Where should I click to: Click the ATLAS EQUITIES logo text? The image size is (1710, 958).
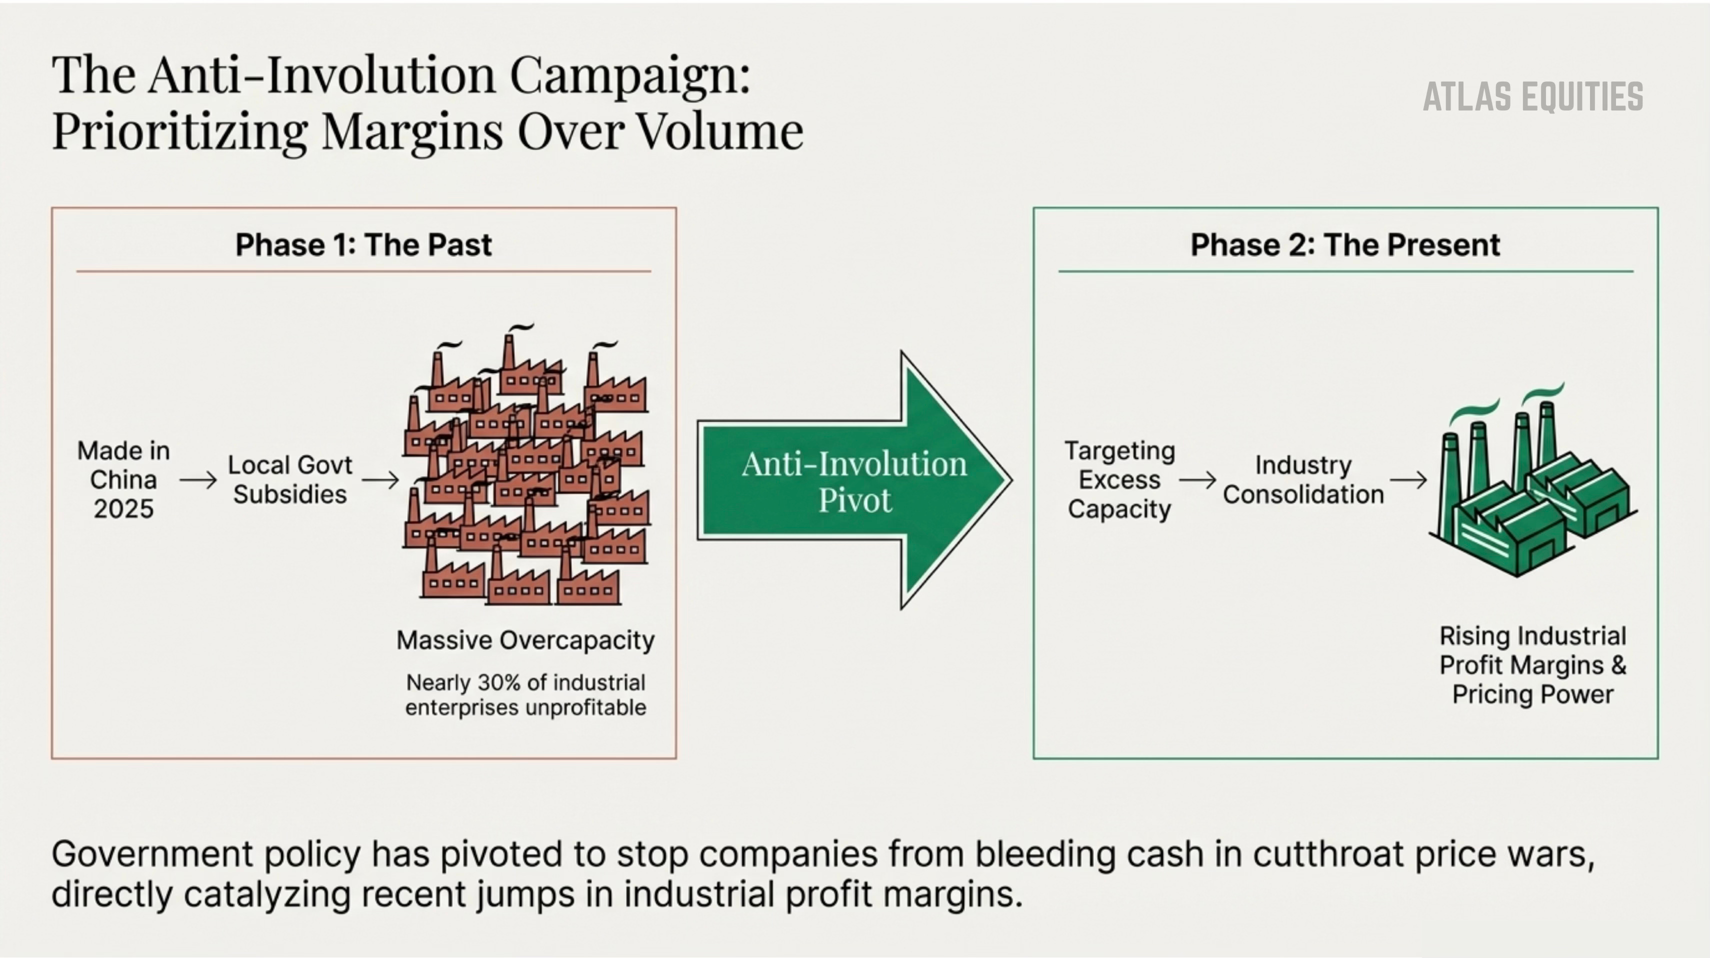pos(1533,97)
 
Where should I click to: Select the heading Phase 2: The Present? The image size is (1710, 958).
pos(1345,245)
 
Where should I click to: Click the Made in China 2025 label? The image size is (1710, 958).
pos(123,479)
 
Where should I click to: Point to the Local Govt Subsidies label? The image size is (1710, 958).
pos(289,479)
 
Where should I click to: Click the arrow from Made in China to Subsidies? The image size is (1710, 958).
pos(198,479)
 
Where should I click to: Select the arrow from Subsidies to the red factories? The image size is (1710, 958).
pos(380,479)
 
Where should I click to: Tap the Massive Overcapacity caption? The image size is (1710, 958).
pos(525,640)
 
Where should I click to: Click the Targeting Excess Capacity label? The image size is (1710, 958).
pos(1120,479)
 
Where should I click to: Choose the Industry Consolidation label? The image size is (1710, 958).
pos(1303,479)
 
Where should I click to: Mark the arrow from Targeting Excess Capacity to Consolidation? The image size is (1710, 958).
pos(1197,479)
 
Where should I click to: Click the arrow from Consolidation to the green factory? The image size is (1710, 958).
pos(1408,479)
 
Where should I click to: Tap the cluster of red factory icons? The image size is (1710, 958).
pos(526,471)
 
